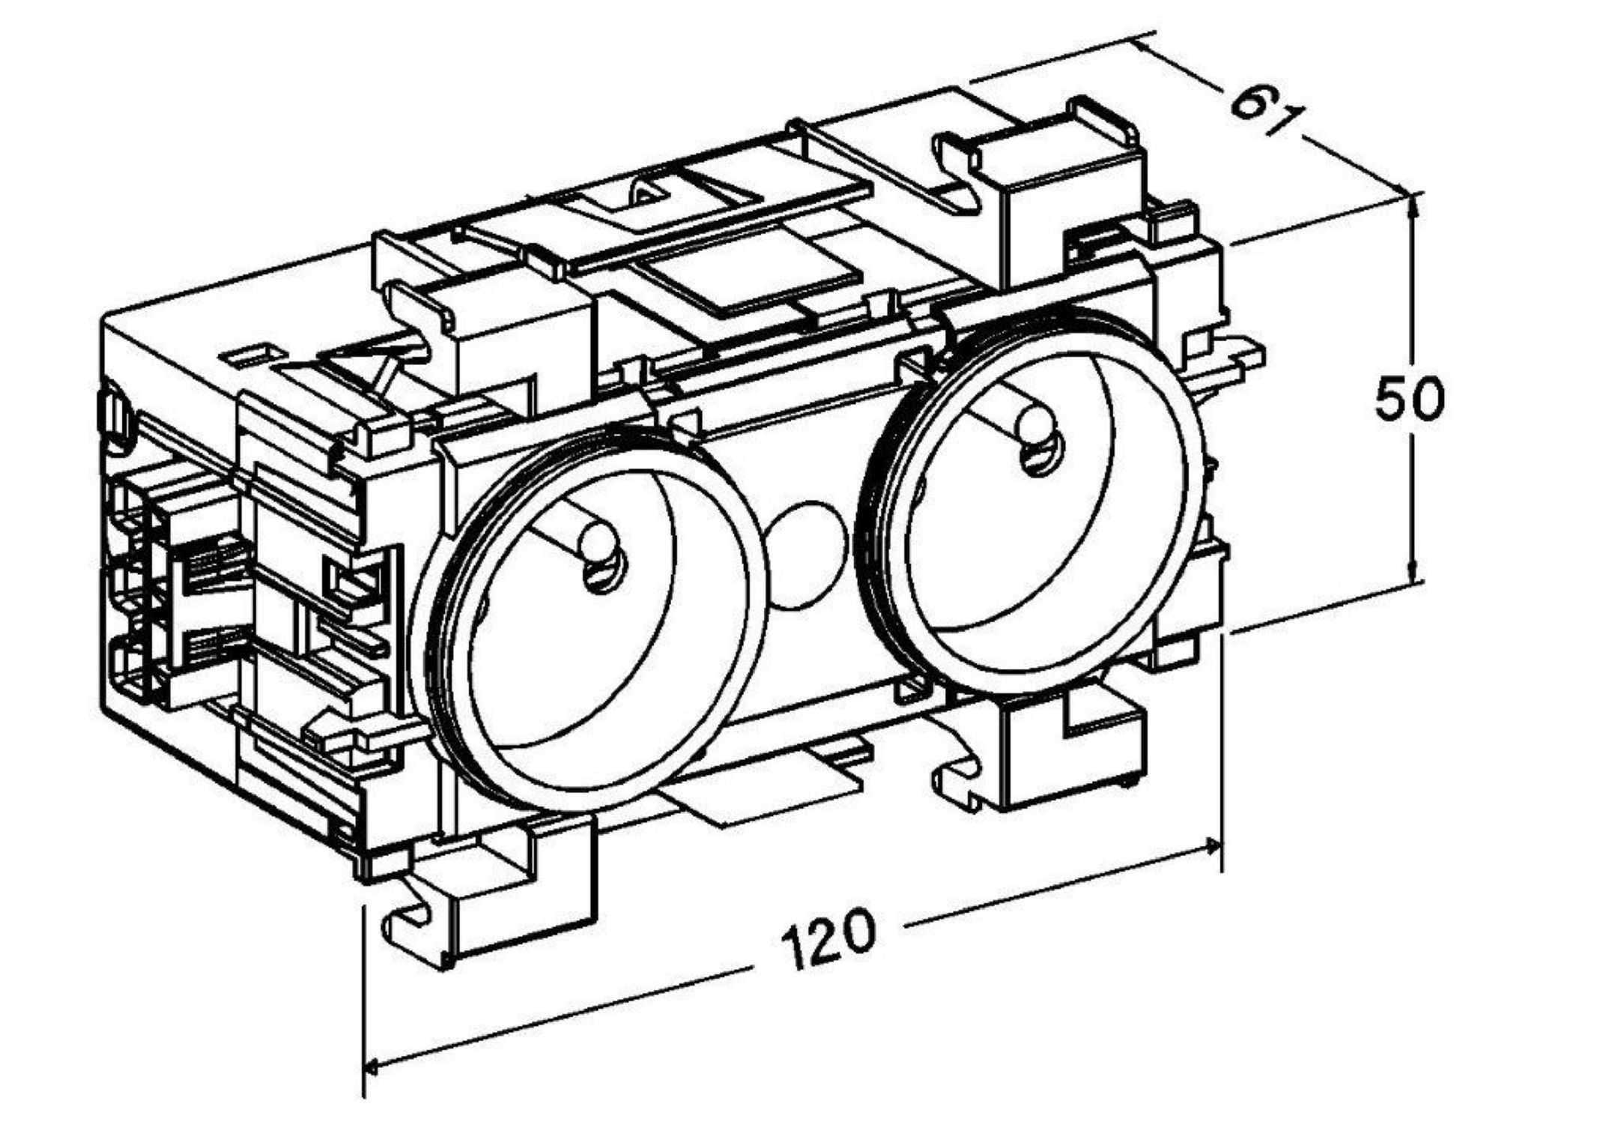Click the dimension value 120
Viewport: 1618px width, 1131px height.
point(827,938)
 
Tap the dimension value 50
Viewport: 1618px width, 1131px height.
point(1408,400)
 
